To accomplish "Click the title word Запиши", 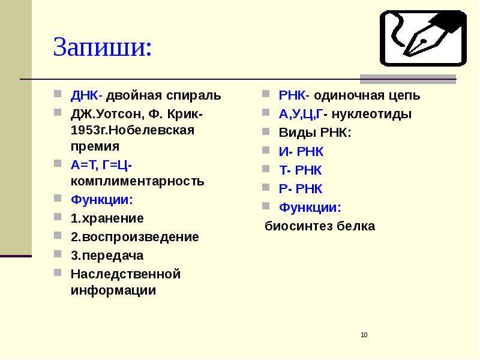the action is (102, 47).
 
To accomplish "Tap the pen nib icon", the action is (424, 38).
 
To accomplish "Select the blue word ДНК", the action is (84, 95).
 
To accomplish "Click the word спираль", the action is (193, 96).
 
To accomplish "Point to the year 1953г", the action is (89, 130).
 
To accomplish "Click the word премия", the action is (95, 147).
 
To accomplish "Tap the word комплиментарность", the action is (137, 182).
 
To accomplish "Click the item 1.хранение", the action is (107, 218).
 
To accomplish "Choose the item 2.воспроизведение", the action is (134, 238).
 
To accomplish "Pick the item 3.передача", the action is (107, 256).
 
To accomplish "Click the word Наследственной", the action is (125, 274).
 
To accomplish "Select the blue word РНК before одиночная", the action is (292, 95).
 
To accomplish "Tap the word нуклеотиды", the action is (371, 115).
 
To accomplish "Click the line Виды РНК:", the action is (314, 133).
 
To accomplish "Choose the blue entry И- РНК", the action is (301, 152).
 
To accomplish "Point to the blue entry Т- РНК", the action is (301, 170).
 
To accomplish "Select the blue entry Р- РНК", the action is (301, 189).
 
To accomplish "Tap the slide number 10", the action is (364, 335).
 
